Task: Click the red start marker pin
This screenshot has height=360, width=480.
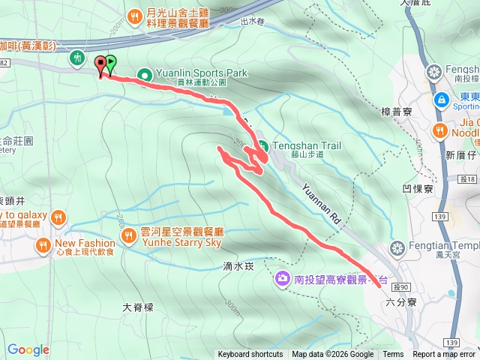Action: click(x=101, y=64)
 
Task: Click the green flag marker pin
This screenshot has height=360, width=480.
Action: click(x=111, y=64)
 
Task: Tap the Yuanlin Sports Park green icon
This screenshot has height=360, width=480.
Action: click(x=145, y=74)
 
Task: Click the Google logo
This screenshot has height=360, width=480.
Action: click(x=28, y=349)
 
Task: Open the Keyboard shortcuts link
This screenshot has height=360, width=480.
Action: click(x=250, y=355)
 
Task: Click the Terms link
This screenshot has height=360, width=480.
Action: click(x=392, y=355)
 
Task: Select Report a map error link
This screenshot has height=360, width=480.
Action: click(x=443, y=355)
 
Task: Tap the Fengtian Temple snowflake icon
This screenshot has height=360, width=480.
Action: click(x=397, y=247)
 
